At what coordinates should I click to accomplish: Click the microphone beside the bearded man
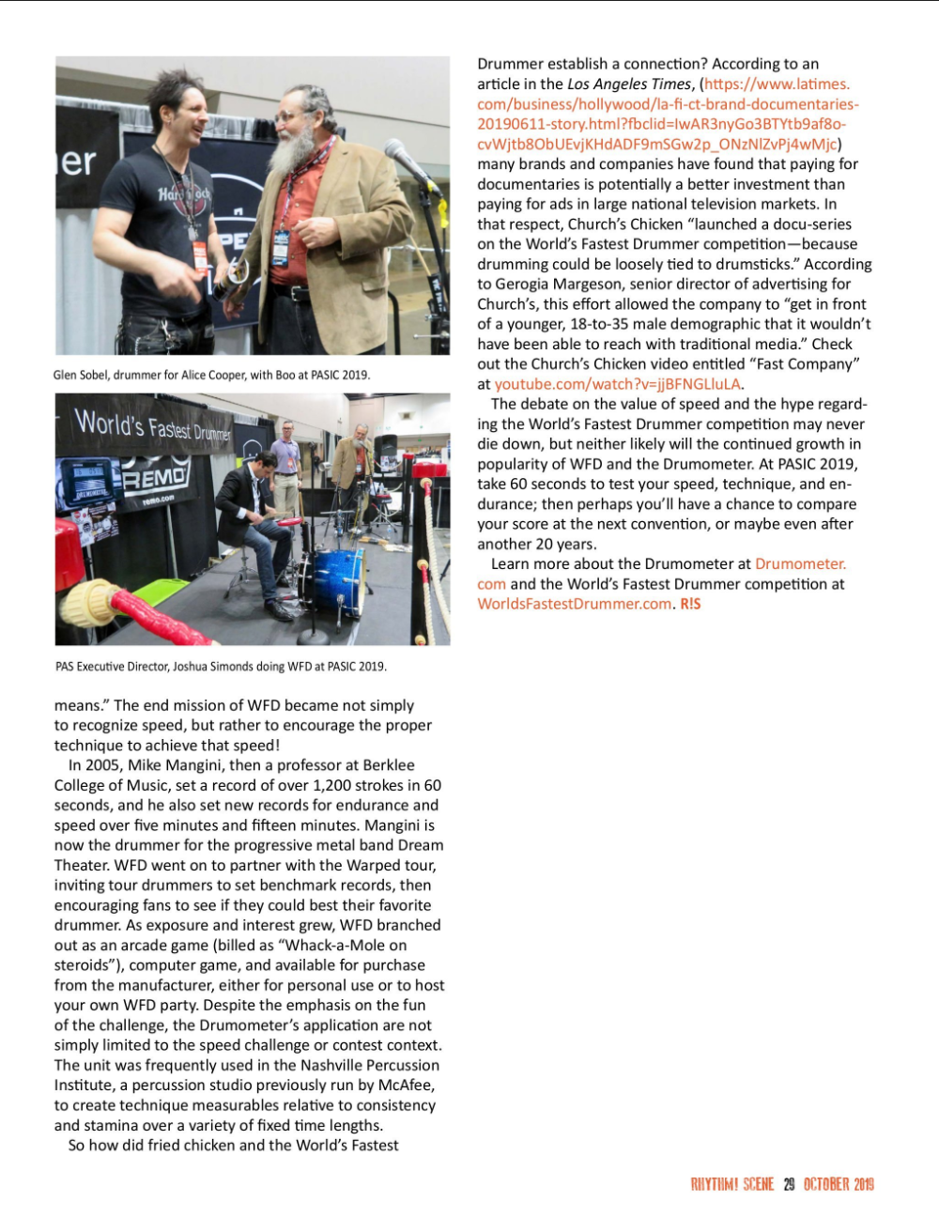point(407,164)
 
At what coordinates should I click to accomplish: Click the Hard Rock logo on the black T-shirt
point(185,197)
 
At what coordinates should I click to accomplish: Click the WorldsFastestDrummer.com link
point(574,604)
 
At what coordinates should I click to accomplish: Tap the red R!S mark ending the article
point(690,604)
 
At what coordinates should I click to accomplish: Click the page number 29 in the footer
point(789,1184)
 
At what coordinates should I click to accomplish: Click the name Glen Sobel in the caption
point(80,375)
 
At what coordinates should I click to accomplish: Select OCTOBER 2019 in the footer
point(839,1184)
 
